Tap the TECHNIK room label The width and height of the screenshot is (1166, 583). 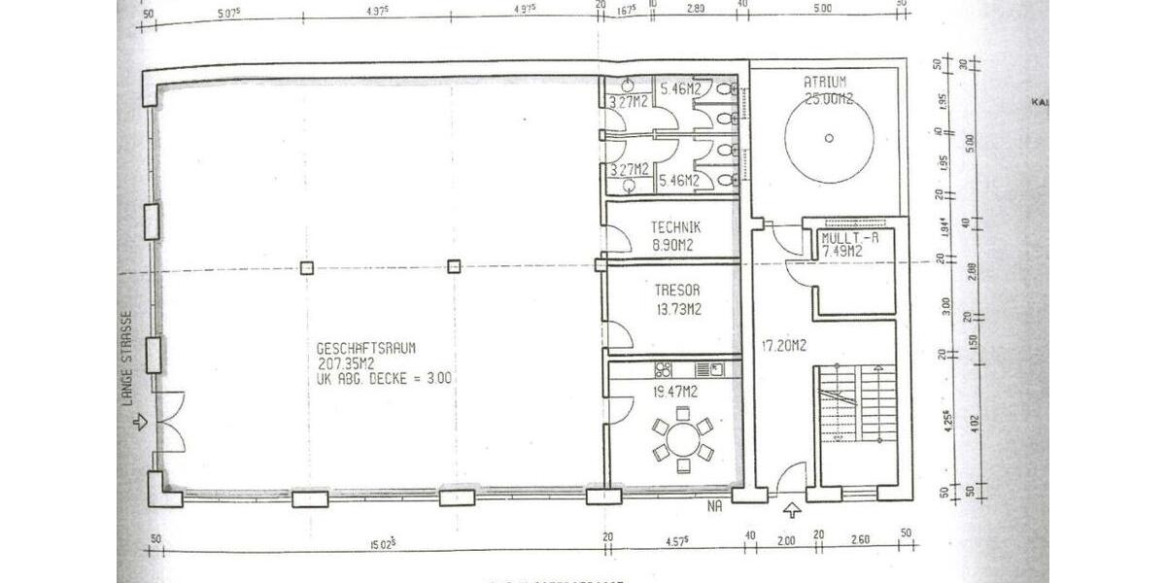(x=676, y=227)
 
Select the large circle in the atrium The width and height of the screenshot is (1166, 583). (x=828, y=137)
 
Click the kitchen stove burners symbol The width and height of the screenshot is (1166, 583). (x=666, y=369)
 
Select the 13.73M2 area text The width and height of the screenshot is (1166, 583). (x=677, y=309)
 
